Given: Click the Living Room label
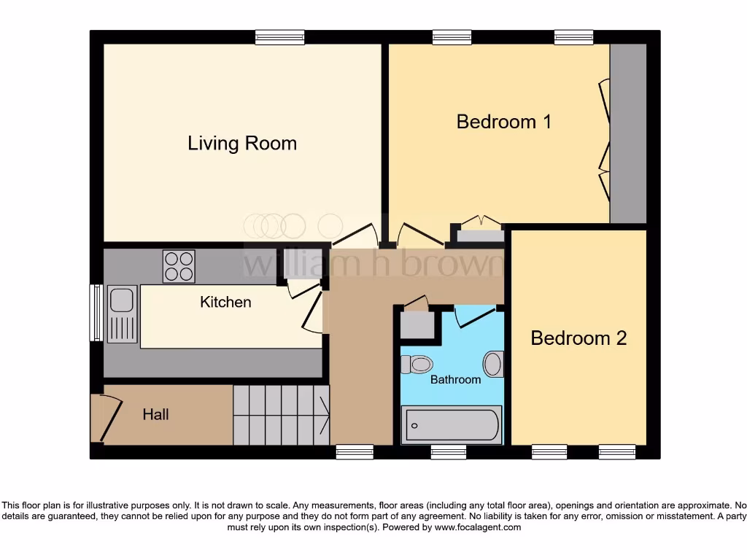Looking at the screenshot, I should coord(242,143).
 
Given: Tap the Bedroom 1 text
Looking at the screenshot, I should coord(503,121).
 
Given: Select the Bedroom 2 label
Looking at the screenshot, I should coord(578,338).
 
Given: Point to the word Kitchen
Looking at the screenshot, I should coord(225,302).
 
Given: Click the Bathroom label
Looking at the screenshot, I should coord(455,379).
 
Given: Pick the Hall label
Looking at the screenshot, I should coord(155,414).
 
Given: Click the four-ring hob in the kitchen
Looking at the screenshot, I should coord(179,265).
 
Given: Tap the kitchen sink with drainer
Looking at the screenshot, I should coord(122,314).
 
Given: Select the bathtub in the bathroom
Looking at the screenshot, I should coord(452,424).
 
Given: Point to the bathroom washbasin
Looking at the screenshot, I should coord(494,364).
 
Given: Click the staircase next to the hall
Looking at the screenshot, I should coord(280,415).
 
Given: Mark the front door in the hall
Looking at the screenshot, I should coord(107,419).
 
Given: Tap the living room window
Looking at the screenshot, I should coord(279,37).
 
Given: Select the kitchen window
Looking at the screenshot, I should coord(95,313).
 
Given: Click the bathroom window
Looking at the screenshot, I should coord(448,453).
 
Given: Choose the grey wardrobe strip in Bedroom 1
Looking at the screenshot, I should coord(628,133).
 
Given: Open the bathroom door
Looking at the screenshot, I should coord(474,315).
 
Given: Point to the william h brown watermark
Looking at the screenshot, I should coord(372,263).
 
